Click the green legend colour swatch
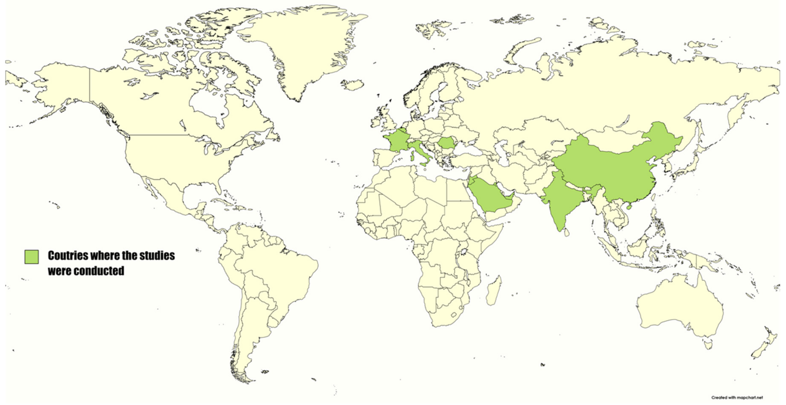click(31, 257)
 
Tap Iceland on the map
click(353, 85)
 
